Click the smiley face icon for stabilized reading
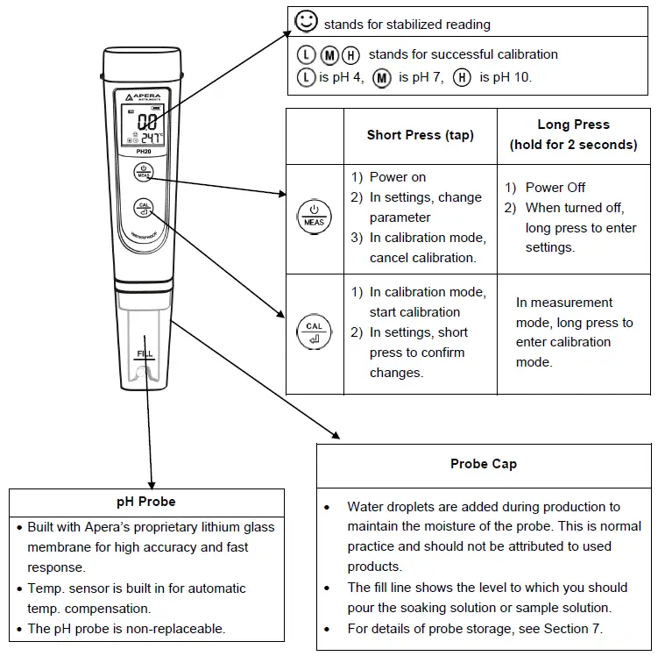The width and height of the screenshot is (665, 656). click(x=306, y=24)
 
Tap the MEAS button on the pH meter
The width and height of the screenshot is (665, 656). click(x=144, y=173)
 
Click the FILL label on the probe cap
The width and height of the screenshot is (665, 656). click(x=145, y=354)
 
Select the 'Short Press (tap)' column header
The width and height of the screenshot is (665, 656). click(x=420, y=135)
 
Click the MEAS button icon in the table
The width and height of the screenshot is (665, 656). click(x=315, y=216)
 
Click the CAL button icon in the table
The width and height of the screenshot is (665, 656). click(x=315, y=332)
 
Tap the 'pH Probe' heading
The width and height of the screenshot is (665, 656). click(x=146, y=502)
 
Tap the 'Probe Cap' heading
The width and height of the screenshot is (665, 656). click(x=483, y=464)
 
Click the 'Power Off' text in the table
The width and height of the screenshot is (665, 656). click(x=555, y=188)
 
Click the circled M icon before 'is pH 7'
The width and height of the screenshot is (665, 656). click(x=380, y=77)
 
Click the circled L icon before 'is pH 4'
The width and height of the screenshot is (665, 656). click(x=304, y=77)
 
